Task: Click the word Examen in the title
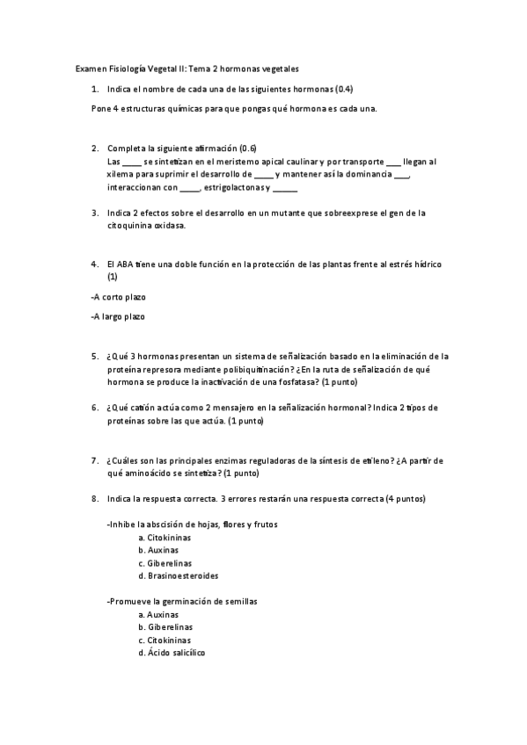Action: pyautogui.click(x=91, y=68)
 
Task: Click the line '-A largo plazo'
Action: pyautogui.click(x=118, y=317)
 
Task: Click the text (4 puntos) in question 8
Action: pyautogui.click(x=406, y=499)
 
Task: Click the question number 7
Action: pyautogui.click(x=94, y=460)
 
